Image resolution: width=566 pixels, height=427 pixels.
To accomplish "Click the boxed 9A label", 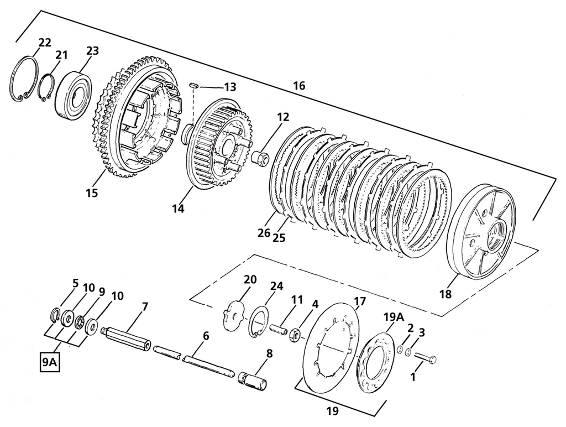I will pyautogui.click(x=49, y=363).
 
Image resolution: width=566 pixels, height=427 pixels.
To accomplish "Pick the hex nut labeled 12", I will pyautogui.click(x=260, y=157).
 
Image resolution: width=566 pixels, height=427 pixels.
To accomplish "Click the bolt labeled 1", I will pyautogui.click(x=424, y=360).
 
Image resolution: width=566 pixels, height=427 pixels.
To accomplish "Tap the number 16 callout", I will pyautogui.click(x=298, y=86).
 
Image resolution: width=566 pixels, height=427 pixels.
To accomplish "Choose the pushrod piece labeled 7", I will pyautogui.click(x=127, y=338).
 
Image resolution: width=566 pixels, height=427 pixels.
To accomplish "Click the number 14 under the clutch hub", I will pyautogui.click(x=177, y=209).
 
